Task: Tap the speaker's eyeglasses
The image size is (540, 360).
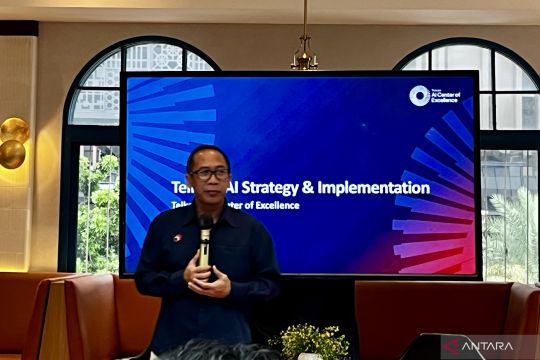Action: [210, 173]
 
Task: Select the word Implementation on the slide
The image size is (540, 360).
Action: [381, 187]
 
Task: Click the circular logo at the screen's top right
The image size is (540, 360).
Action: [419, 95]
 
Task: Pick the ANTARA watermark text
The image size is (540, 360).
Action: [496, 346]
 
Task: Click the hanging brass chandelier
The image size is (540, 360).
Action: [304, 58]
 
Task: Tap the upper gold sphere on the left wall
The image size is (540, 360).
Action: [14, 130]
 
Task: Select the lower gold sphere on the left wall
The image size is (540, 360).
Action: [11, 153]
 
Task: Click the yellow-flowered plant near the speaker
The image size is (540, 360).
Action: [310, 339]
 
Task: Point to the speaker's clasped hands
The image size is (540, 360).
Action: [206, 274]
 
